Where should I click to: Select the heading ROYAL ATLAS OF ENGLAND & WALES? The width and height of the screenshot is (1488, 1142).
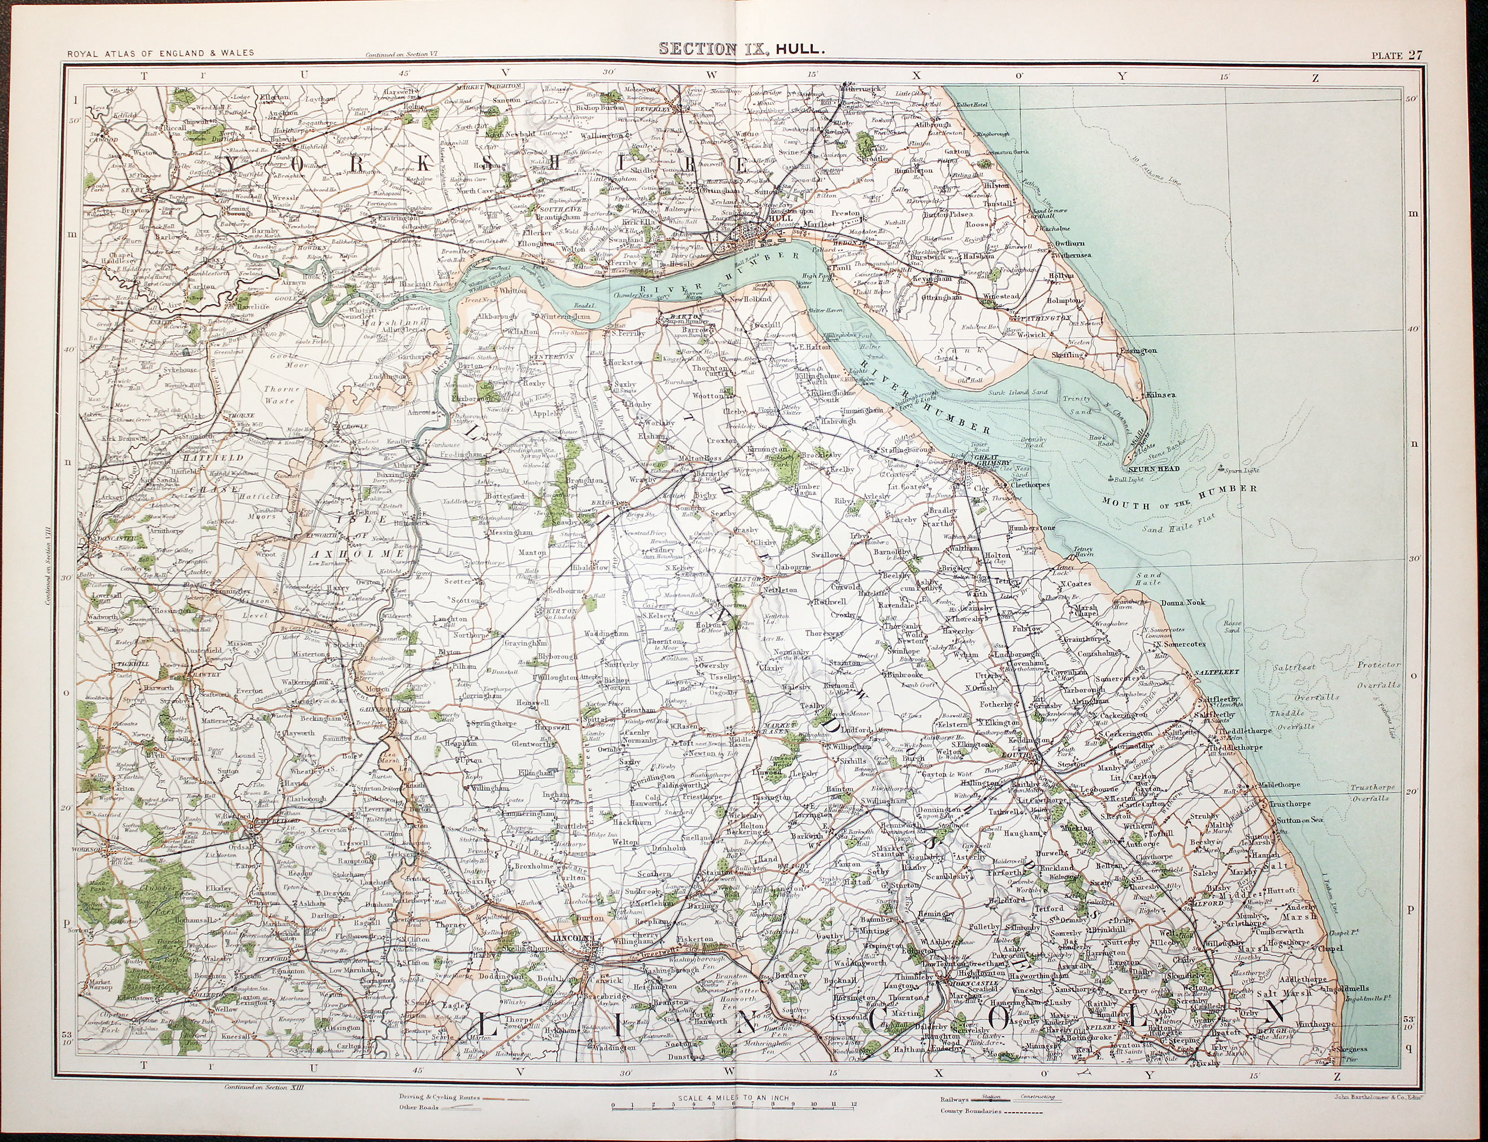(160, 52)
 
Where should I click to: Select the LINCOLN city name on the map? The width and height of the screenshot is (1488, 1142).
(570, 940)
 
